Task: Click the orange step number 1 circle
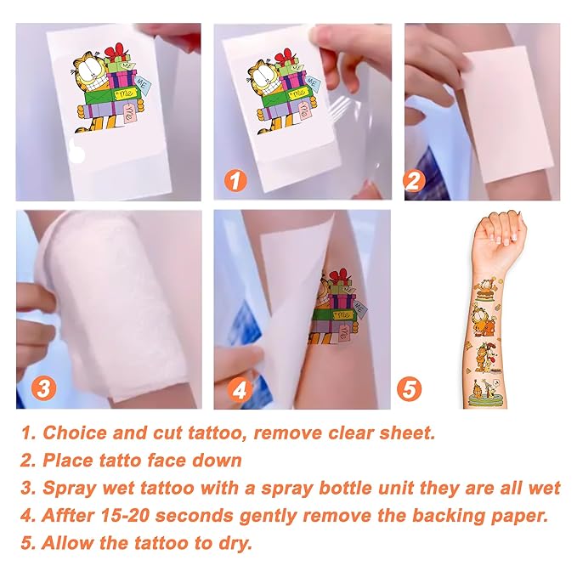(235, 180)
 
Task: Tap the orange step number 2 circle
(414, 181)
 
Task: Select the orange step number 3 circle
(43, 388)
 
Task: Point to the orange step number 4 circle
(240, 390)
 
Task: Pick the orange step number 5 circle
(409, 389)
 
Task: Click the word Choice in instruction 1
(75, 433)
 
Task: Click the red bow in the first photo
(116, 51)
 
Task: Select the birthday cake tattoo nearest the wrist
(484, 291)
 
